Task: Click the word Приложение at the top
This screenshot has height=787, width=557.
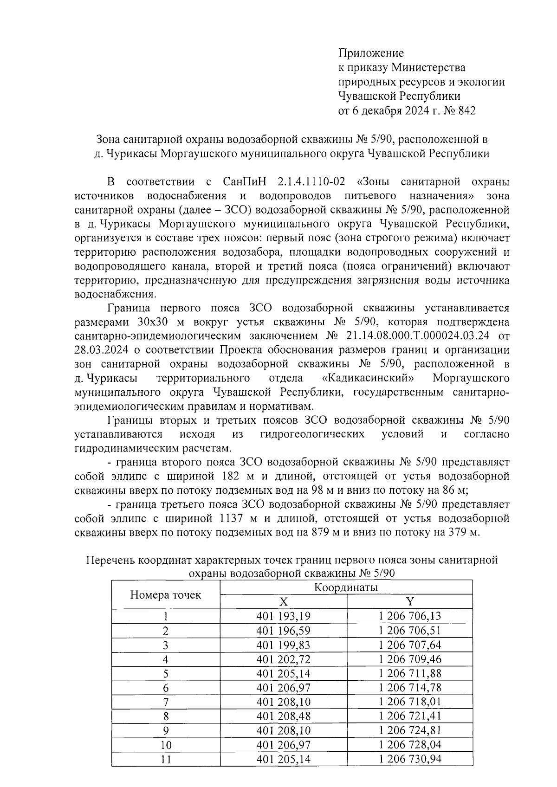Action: tap(371, 53)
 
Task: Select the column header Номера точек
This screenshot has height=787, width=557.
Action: tap(165, 595)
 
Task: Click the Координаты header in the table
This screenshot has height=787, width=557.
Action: tap(346, 587)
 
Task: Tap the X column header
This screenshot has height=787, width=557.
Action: tap(283, 602)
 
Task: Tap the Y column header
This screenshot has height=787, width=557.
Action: tap(410, 602)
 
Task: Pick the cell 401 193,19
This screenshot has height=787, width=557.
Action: tap(283, 616)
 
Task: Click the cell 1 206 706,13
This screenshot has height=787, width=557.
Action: tap(410, 616)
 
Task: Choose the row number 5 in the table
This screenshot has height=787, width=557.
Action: tap(165, 673)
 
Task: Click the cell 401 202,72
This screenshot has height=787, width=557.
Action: tap(283, 659)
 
